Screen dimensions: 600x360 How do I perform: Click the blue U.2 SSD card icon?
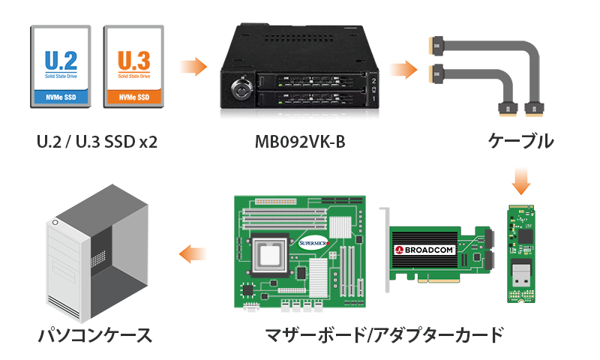click(61, 67)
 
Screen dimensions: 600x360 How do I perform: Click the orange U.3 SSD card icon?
click(134, 67)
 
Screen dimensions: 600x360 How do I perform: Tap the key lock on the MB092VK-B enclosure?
click(241, 89)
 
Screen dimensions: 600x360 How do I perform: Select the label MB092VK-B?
click(300, 142)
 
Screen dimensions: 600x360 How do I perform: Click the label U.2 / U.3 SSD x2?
click(97, 142)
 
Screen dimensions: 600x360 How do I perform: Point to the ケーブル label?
click(520, 141)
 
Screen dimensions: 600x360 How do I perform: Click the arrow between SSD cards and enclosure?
click(193, 67)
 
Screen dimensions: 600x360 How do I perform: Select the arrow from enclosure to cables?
click(403, 70)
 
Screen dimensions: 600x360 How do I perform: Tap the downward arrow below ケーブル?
click(521, 181)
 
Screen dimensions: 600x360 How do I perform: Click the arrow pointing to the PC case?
click(193, 253)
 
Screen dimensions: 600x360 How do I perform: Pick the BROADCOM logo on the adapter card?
click(424, 250)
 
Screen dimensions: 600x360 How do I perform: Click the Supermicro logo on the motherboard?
click(313, 243)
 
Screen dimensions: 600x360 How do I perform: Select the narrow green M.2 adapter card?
click(521, 253)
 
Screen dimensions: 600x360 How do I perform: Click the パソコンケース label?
click(95, 335)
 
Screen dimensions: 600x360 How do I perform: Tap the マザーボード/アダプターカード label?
click(384, 335)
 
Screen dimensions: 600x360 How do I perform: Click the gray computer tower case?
click(97, 253)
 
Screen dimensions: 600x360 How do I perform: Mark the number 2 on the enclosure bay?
click(373, 81)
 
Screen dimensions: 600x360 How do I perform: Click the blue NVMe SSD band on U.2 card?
click(61, 97)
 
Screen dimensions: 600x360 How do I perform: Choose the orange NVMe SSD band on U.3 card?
click(134, 97)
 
